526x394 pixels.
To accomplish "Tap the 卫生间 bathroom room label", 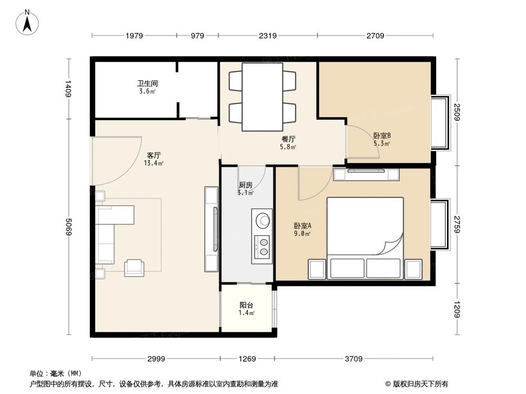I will point(148,83).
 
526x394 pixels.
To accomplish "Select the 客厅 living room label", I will point(154,155).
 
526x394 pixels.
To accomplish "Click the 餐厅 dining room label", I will point(288,139).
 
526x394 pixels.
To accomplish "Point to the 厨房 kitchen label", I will point(246,185).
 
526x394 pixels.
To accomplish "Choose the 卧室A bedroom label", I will point(302,226).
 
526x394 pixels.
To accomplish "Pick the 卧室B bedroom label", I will point(382,135).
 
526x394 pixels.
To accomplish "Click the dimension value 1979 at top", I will point(134,36).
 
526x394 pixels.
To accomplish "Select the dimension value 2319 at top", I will point(267,36).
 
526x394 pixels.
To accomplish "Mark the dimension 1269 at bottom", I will point(247,359).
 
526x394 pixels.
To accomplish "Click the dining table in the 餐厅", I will point(262,97).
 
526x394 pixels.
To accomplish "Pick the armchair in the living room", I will point(133,267).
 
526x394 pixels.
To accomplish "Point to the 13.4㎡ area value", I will point(154,163).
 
